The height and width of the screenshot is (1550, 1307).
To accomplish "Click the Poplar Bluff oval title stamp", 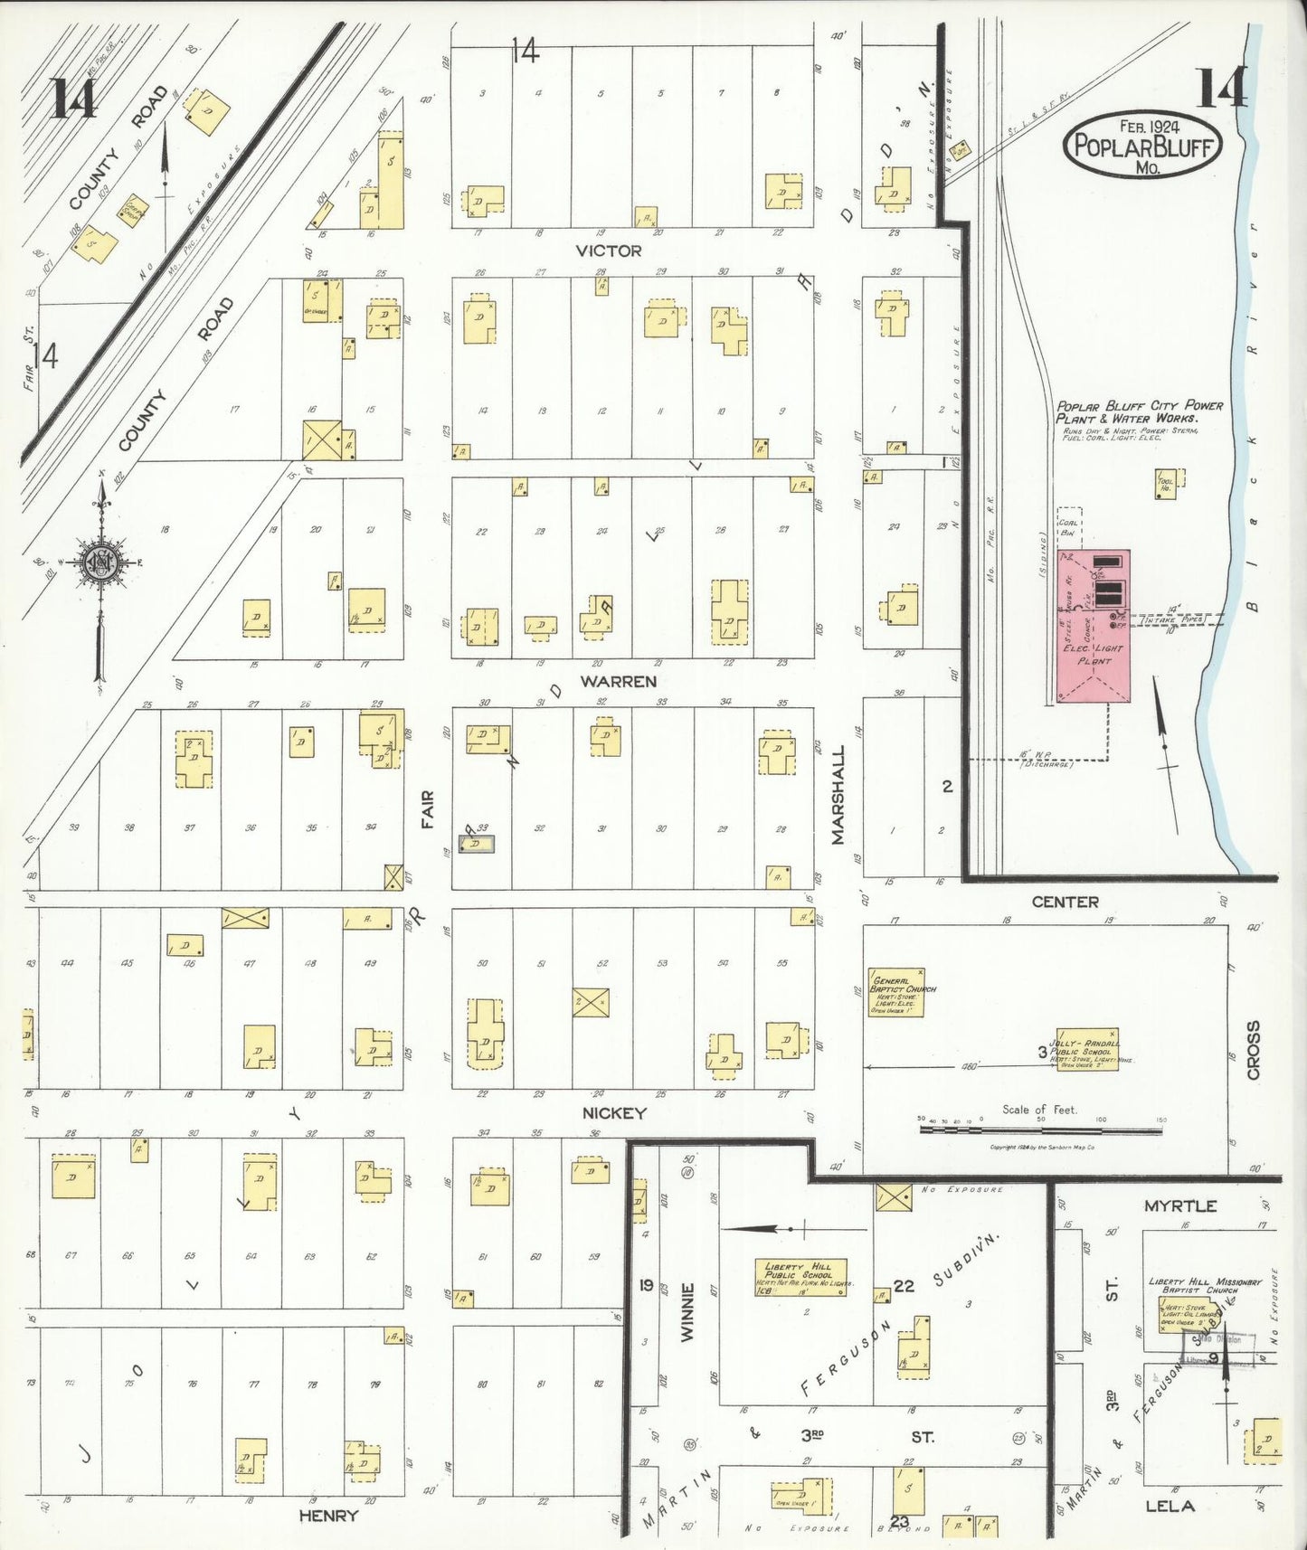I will pos(1143,145).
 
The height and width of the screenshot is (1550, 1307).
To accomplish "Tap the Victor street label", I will pos(609,250).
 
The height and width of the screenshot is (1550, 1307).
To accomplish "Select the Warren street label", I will pos(618,681).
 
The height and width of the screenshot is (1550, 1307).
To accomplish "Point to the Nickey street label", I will pos(614,1112).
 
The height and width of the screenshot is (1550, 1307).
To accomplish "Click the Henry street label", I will pos(328,1515).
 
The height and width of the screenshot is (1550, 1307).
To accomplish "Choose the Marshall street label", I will pos(838,795).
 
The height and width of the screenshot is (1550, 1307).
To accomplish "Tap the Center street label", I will pos(1065,902).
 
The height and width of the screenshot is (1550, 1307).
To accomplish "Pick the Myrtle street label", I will pos(1180,1205).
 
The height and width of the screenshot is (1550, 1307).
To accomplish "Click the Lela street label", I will pos(1170,1506).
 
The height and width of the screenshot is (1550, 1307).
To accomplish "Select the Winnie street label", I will pos(687,1312).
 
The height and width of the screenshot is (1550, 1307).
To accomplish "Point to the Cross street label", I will pos(1253,1050).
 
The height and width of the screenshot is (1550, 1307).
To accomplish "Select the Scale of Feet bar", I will pos(1040,1129).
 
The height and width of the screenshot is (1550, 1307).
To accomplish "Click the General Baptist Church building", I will pos(895,992).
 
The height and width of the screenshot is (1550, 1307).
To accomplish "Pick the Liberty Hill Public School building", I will pos(800,1278).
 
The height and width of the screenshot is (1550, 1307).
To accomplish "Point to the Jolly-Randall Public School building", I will pos(1087,1050).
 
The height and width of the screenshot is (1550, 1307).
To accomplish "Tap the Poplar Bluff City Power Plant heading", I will pos(1139,411).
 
